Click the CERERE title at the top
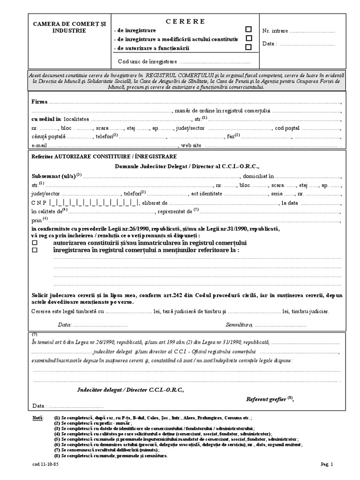[186, 21]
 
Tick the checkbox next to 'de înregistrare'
[248, 29]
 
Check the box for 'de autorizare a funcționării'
[248, 47]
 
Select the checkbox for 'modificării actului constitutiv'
[248, 38]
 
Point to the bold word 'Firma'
[39, 102]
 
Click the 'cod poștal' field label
[287, 127]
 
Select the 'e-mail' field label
[39, 145]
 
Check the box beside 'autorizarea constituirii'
[35, 243]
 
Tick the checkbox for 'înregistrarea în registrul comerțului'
[35, 250]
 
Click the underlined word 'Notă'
[37, 417]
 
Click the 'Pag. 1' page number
[326, 465]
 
